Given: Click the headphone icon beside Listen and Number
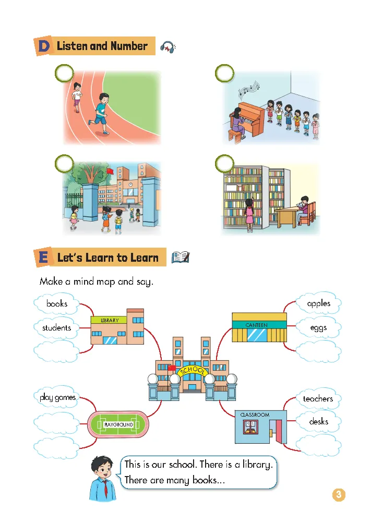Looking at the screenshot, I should tap(168, 47).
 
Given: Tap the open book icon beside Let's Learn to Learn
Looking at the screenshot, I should tap(180, 257).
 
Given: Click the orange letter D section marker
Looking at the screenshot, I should tap(44, 46).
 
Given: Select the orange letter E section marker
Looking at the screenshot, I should tap(44, 258).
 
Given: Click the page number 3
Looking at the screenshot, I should tap(339, 495).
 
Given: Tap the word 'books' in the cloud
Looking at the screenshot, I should tap(56, 303).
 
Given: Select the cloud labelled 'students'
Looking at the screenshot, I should tap(56, 328).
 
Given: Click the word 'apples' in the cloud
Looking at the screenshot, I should tap(318, 303).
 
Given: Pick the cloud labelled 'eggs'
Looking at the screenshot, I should tap(318, 328).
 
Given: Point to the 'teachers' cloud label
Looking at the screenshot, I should tap(318, 399).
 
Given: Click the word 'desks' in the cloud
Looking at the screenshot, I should tap(318, 421).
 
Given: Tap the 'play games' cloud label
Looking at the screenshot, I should tap(57, 398).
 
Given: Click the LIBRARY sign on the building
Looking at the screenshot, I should tap(110, 321).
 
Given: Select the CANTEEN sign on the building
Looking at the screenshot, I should tap(256, 325).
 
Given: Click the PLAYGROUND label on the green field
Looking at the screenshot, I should tap(118, 424).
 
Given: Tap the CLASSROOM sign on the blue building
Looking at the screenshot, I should tap(255, 415).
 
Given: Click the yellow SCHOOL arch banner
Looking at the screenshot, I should tap(193, 371).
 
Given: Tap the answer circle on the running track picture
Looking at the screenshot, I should tap(64, 74).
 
